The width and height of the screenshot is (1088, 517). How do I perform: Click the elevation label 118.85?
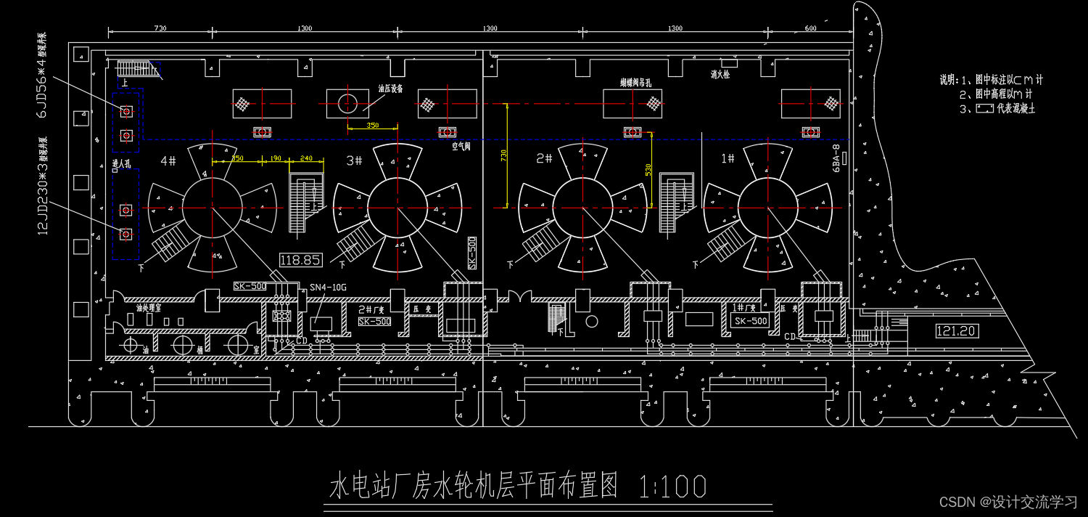click(300, 260)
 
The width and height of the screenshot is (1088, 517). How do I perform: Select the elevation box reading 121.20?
click(957, 332)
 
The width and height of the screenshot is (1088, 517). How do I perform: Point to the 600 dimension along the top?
click(810, 28)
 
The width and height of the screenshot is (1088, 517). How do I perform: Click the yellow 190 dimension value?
click(275, 158)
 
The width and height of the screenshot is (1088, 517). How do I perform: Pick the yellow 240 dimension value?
click(306, 158)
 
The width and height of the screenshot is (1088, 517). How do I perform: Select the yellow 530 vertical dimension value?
click(647, 169)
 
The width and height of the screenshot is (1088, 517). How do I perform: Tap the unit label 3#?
click(354, 160)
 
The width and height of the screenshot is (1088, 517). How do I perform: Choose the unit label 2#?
click(545, 158)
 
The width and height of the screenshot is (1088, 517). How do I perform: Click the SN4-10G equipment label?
click(328, 288)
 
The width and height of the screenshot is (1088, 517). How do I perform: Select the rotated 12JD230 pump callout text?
click(43, 186)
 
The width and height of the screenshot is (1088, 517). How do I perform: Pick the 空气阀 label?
click(461, 146)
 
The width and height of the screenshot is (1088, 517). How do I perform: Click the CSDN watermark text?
click(1008, 502)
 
